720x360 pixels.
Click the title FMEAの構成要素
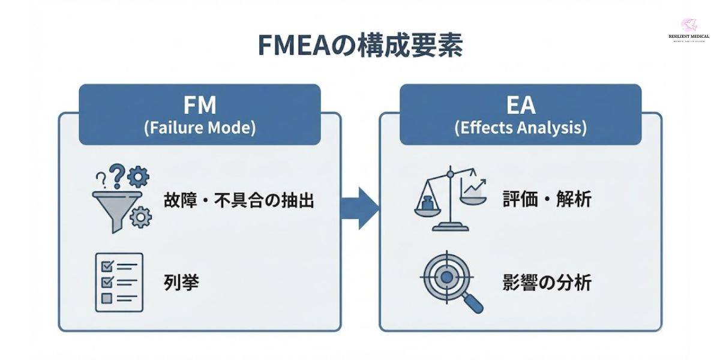coord(360,46)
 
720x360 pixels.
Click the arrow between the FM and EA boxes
coord(360,208)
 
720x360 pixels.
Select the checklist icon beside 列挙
coord(119,282)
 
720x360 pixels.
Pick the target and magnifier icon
coord(450,282)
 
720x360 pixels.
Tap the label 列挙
coord(181,282)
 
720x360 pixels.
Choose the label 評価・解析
coord(547,199)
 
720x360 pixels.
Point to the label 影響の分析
coord(547,282)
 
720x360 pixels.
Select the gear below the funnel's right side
coord(140,217)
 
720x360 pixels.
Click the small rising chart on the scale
coord(473,188)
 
